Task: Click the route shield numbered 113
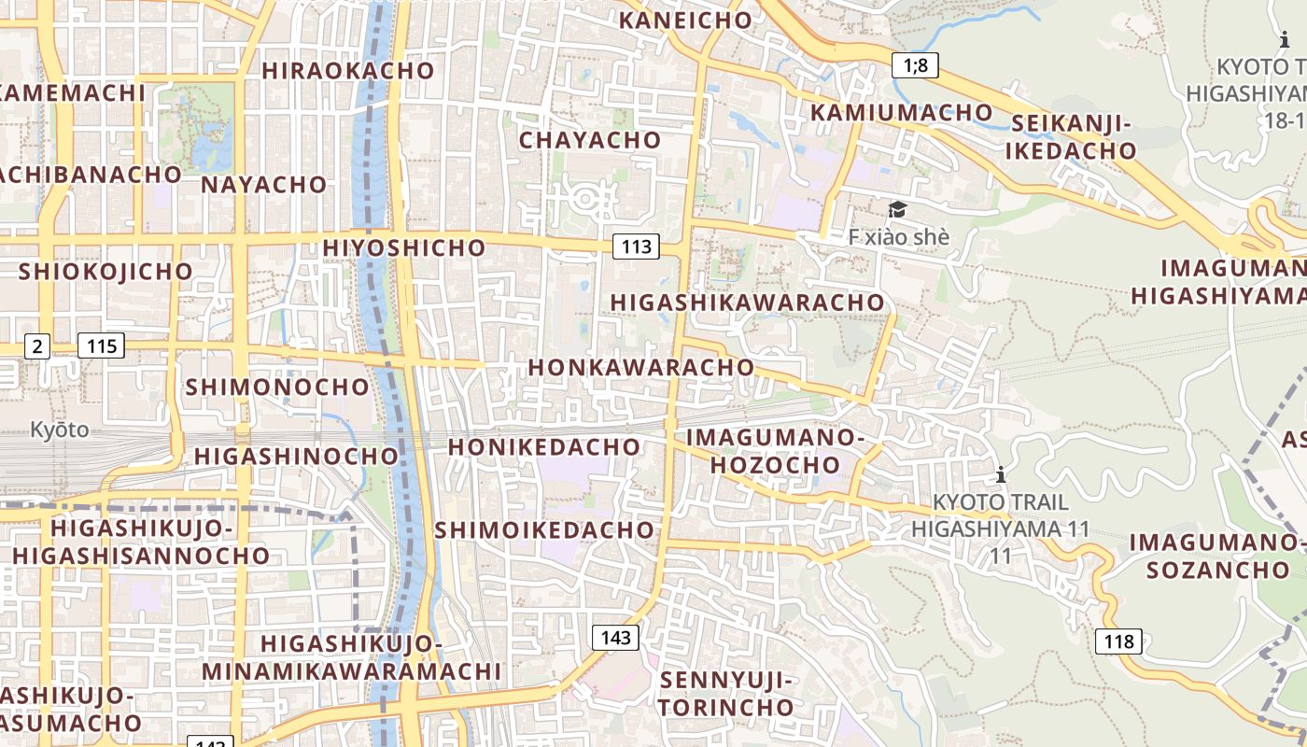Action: [636, 247]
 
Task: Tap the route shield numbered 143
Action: [615, 638]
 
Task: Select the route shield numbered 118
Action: [1117, 641]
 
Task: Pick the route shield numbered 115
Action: [101, 346]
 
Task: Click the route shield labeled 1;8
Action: [915, 64]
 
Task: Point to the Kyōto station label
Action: [59, 430]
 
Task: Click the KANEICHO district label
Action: [685, 20]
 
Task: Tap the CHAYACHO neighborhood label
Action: [590, 140]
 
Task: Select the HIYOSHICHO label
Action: [404, 247]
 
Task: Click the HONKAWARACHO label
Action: [641, 367]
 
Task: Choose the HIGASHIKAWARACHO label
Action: [747, 303]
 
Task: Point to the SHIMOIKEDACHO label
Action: [545, 529]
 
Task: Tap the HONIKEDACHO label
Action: [544, 446]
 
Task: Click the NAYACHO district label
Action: [264, 184]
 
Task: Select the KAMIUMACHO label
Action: [902, 112]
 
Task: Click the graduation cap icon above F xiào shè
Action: [897, 209]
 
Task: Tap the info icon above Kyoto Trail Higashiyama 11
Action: [1001, 474]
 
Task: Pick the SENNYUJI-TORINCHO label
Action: [726, 693]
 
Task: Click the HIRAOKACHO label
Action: [348, 70]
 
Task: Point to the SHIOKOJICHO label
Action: [105, 271]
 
